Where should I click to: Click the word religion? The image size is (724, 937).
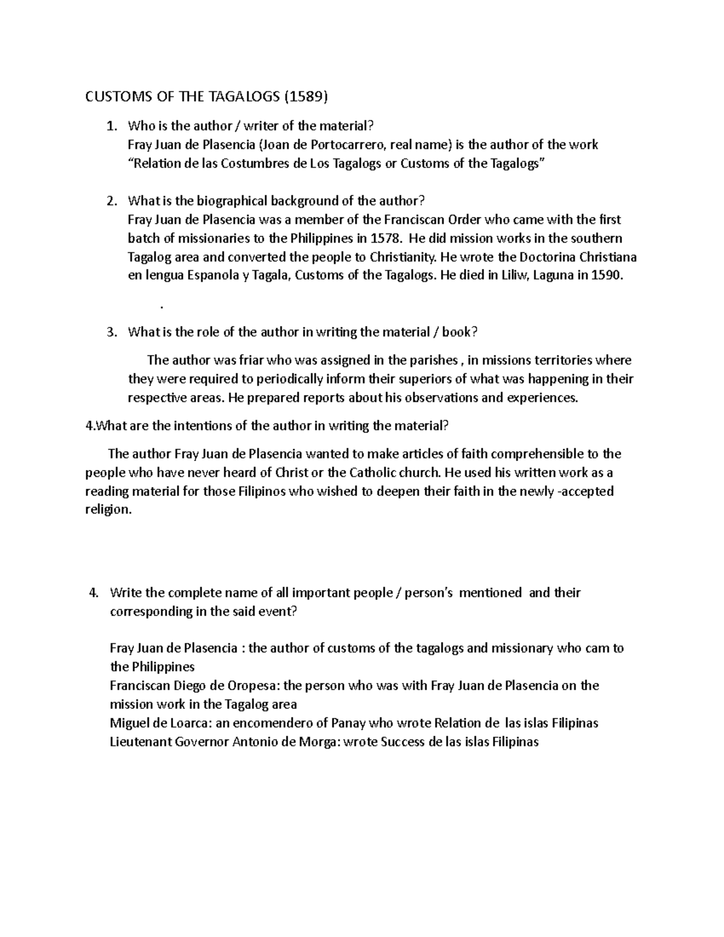(x=107, y=510)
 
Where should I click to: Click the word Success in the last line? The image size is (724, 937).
(x=403, y=742)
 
